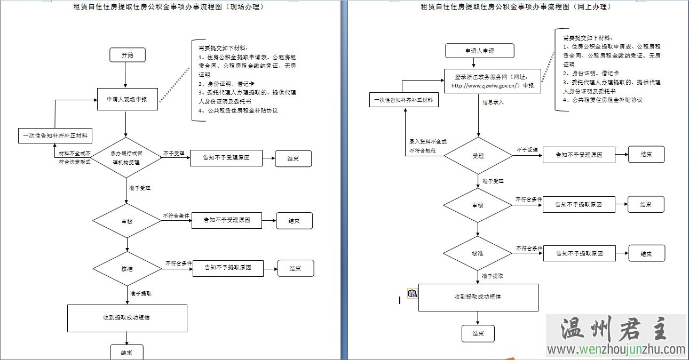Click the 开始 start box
coord(127,55)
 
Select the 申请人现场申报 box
coord(128,99)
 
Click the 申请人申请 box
coord(480,51)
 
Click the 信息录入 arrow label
coord(493,101)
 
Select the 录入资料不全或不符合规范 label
coord(427,146)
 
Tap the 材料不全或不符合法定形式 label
coord(75,157)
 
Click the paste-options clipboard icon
coord(412,293)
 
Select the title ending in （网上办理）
coord(516,7)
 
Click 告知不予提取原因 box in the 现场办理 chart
coord(228,268)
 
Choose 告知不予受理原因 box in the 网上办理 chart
coord(579,155)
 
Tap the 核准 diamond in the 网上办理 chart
coord(478,253)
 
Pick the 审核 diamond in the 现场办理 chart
coord(127,221)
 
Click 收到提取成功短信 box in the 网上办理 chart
coord(478,297)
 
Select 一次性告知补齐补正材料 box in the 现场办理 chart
coord(55,136)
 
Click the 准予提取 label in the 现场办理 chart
coord(141,293)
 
